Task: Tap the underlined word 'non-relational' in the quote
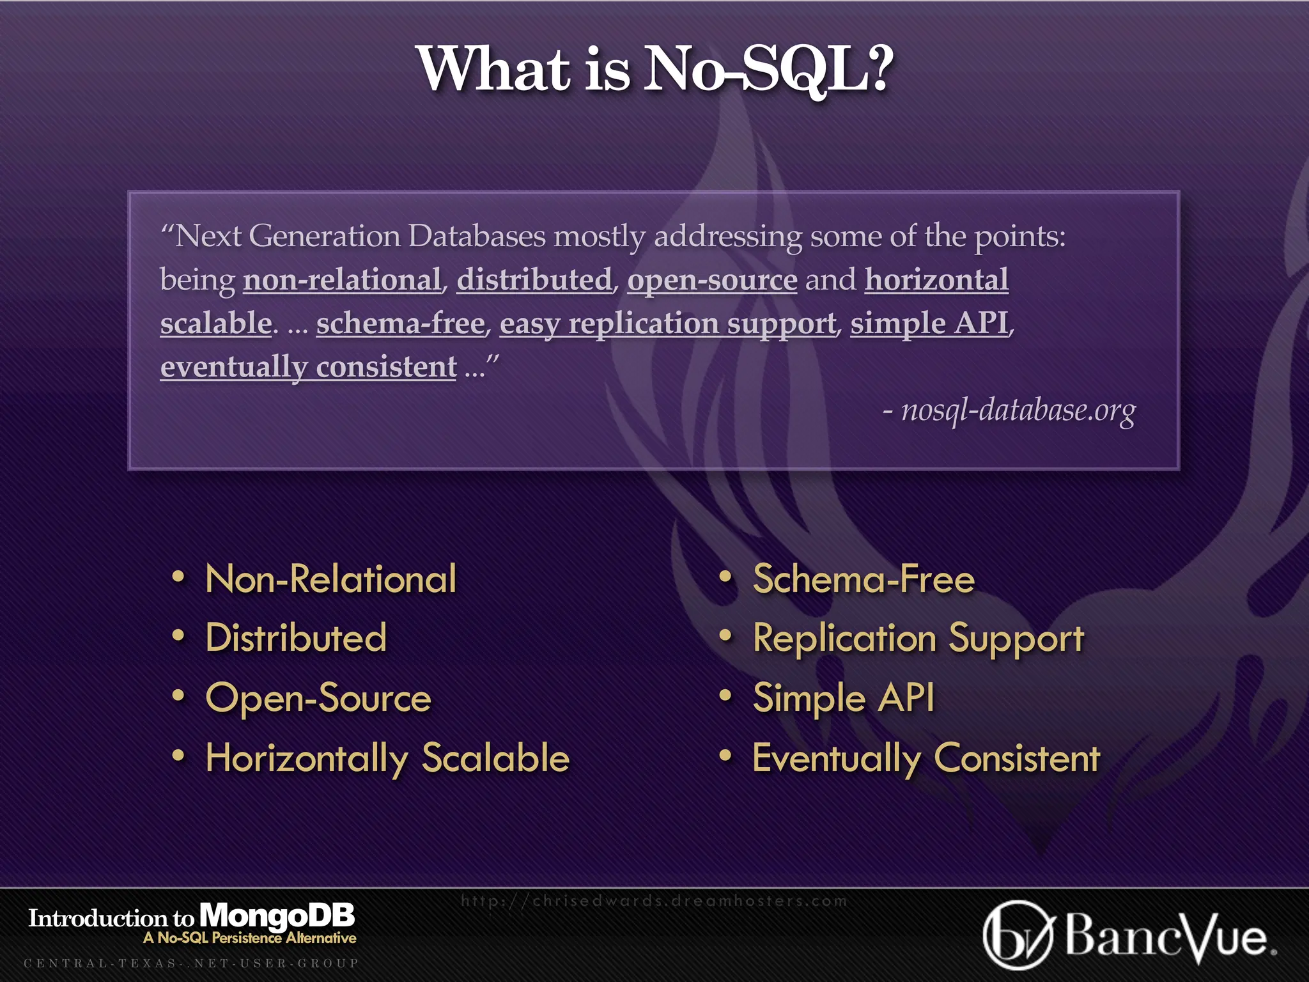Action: [342, 280]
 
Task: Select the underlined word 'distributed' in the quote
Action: [534, 280]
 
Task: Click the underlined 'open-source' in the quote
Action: [712, 280]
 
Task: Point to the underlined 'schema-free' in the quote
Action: [400, 323]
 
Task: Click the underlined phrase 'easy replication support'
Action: [668, 323]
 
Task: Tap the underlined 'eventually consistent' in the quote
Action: [308, 367]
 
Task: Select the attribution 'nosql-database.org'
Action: [1018, 410]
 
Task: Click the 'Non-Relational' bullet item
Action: [330, 579]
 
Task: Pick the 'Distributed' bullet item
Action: [296, 638]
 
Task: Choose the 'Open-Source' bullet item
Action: [318, 698]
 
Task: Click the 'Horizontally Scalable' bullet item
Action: [387, 758]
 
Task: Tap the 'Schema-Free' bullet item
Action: [864, 579]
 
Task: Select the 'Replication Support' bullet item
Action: [918, 638]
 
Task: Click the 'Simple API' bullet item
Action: [843, 698]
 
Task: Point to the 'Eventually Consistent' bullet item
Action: [926, 758]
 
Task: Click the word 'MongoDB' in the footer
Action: [277, 916]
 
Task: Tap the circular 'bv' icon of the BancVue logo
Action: [1017, 935]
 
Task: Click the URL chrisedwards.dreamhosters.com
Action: [654, 901]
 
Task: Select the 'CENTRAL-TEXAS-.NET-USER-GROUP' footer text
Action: [191, 963]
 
